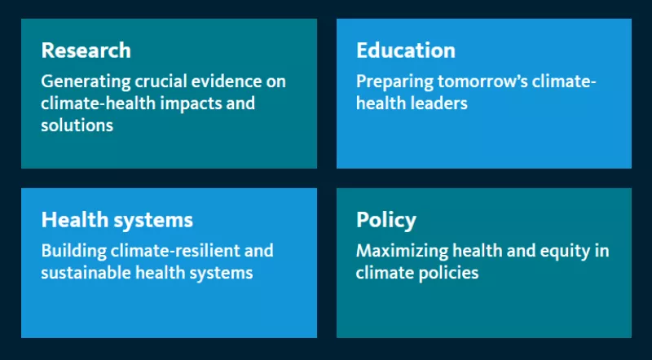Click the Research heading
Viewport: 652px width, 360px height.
point(86,50)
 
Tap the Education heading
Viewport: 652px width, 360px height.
point(406,50)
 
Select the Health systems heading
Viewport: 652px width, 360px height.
point(117,221)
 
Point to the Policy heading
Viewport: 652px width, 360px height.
point(386,221)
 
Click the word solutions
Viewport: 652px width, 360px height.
point(77,125)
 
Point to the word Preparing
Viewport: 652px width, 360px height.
point(395,82)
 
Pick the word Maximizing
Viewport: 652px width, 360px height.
point(402,251)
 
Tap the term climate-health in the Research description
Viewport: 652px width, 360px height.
point(99,103)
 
